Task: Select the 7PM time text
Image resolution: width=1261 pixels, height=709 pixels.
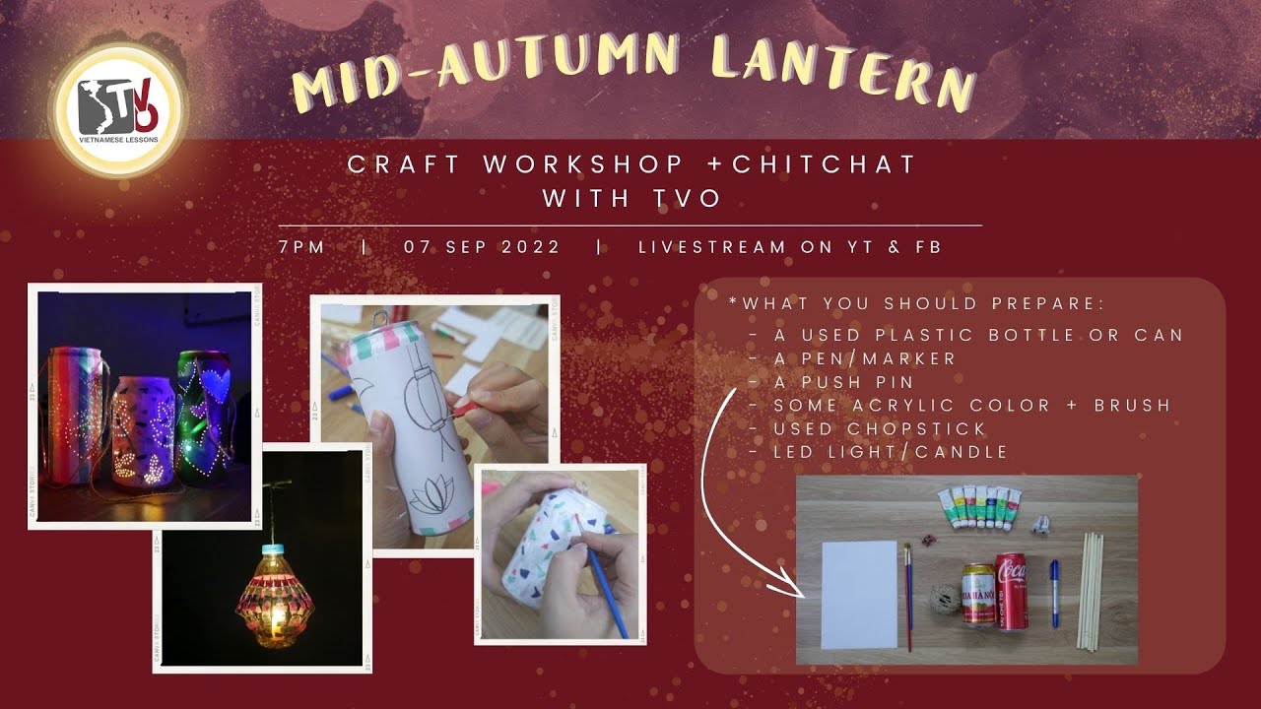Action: coord(301,247)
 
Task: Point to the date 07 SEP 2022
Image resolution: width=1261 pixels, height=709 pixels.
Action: coord(482,247)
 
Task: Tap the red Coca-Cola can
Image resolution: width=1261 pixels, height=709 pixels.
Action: coord(1011,591)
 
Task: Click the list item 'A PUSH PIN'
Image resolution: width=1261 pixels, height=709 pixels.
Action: coord(844,382)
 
